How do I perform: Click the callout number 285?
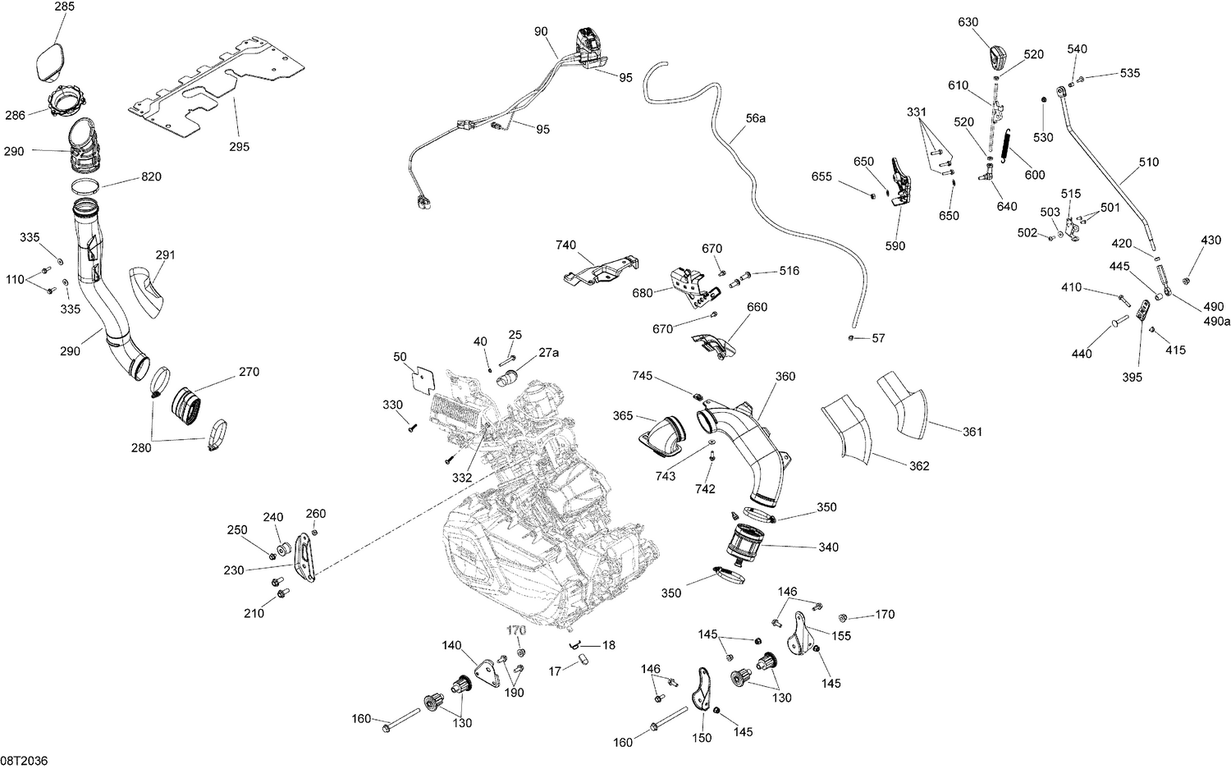coord(64,7)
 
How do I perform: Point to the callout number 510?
coord(1148,162)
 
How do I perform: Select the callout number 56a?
coord(755,118)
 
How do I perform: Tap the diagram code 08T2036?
coord(25,761)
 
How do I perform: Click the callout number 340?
coord(828,547)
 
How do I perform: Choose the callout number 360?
coord(785,377)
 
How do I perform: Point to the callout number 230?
coord(234,570)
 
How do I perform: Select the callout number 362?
coord(919,466)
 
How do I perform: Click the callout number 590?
coord(895,245)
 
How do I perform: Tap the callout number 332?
coord(461,478)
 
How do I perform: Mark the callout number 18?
coord(608,646)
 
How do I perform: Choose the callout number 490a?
coord(1218,321)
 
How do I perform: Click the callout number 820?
coord(150,177)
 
